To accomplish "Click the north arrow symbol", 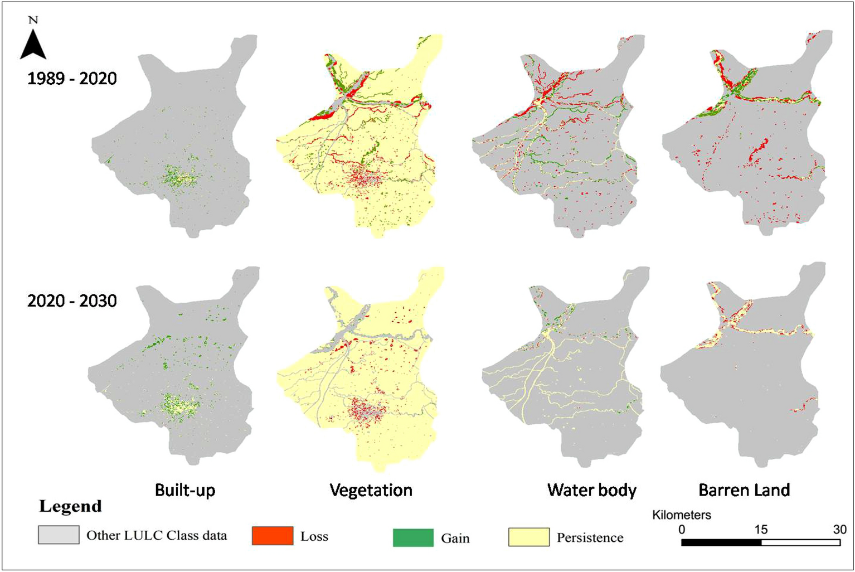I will point(33,45).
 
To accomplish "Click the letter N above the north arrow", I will point(33,21).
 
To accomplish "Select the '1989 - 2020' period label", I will point(72,79).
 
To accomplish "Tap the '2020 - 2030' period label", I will point(72,301).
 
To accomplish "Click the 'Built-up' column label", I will point(185,490).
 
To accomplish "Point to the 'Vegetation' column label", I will point(371,490).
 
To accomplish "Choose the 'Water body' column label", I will point(592,490).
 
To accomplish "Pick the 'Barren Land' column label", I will point(744,490).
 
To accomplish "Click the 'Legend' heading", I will point(70,506).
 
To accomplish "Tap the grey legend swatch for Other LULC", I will point(59,535).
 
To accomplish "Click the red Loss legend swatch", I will point(273,536).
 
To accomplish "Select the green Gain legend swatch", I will point(413,538).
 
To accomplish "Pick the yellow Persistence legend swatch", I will point(529,537).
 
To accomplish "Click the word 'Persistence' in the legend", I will point(590,538).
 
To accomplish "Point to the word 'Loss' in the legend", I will point(314,536).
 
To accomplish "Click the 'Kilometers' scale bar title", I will point(681,515).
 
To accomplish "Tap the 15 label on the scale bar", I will point(761,530).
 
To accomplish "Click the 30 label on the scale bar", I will point(839,530).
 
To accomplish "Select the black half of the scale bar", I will point(721,542).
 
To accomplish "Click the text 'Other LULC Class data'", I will point(157,536).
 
